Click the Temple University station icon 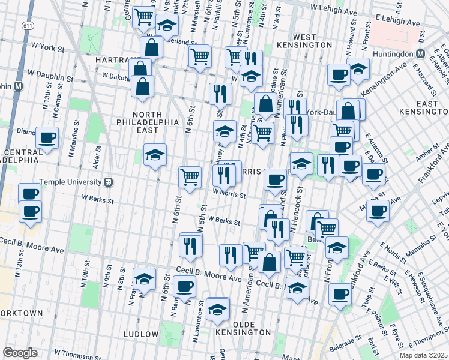tap(109, 182)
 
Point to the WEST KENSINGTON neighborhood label tap(305, 41)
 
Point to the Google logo tap(20, 353)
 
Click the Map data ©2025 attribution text tap(423, 355)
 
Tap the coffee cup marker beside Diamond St tap(47, 138)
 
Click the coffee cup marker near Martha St tap(378, 211)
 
